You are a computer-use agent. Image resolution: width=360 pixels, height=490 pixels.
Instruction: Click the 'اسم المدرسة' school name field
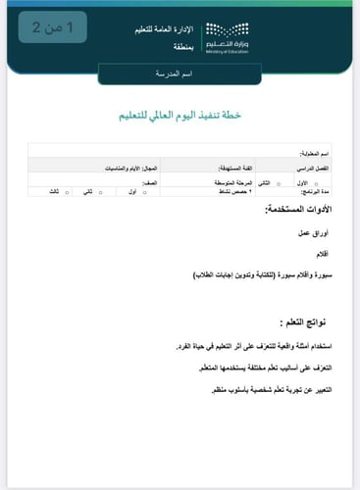(180, 75)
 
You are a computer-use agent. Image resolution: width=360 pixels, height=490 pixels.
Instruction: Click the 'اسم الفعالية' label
(313, 155)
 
